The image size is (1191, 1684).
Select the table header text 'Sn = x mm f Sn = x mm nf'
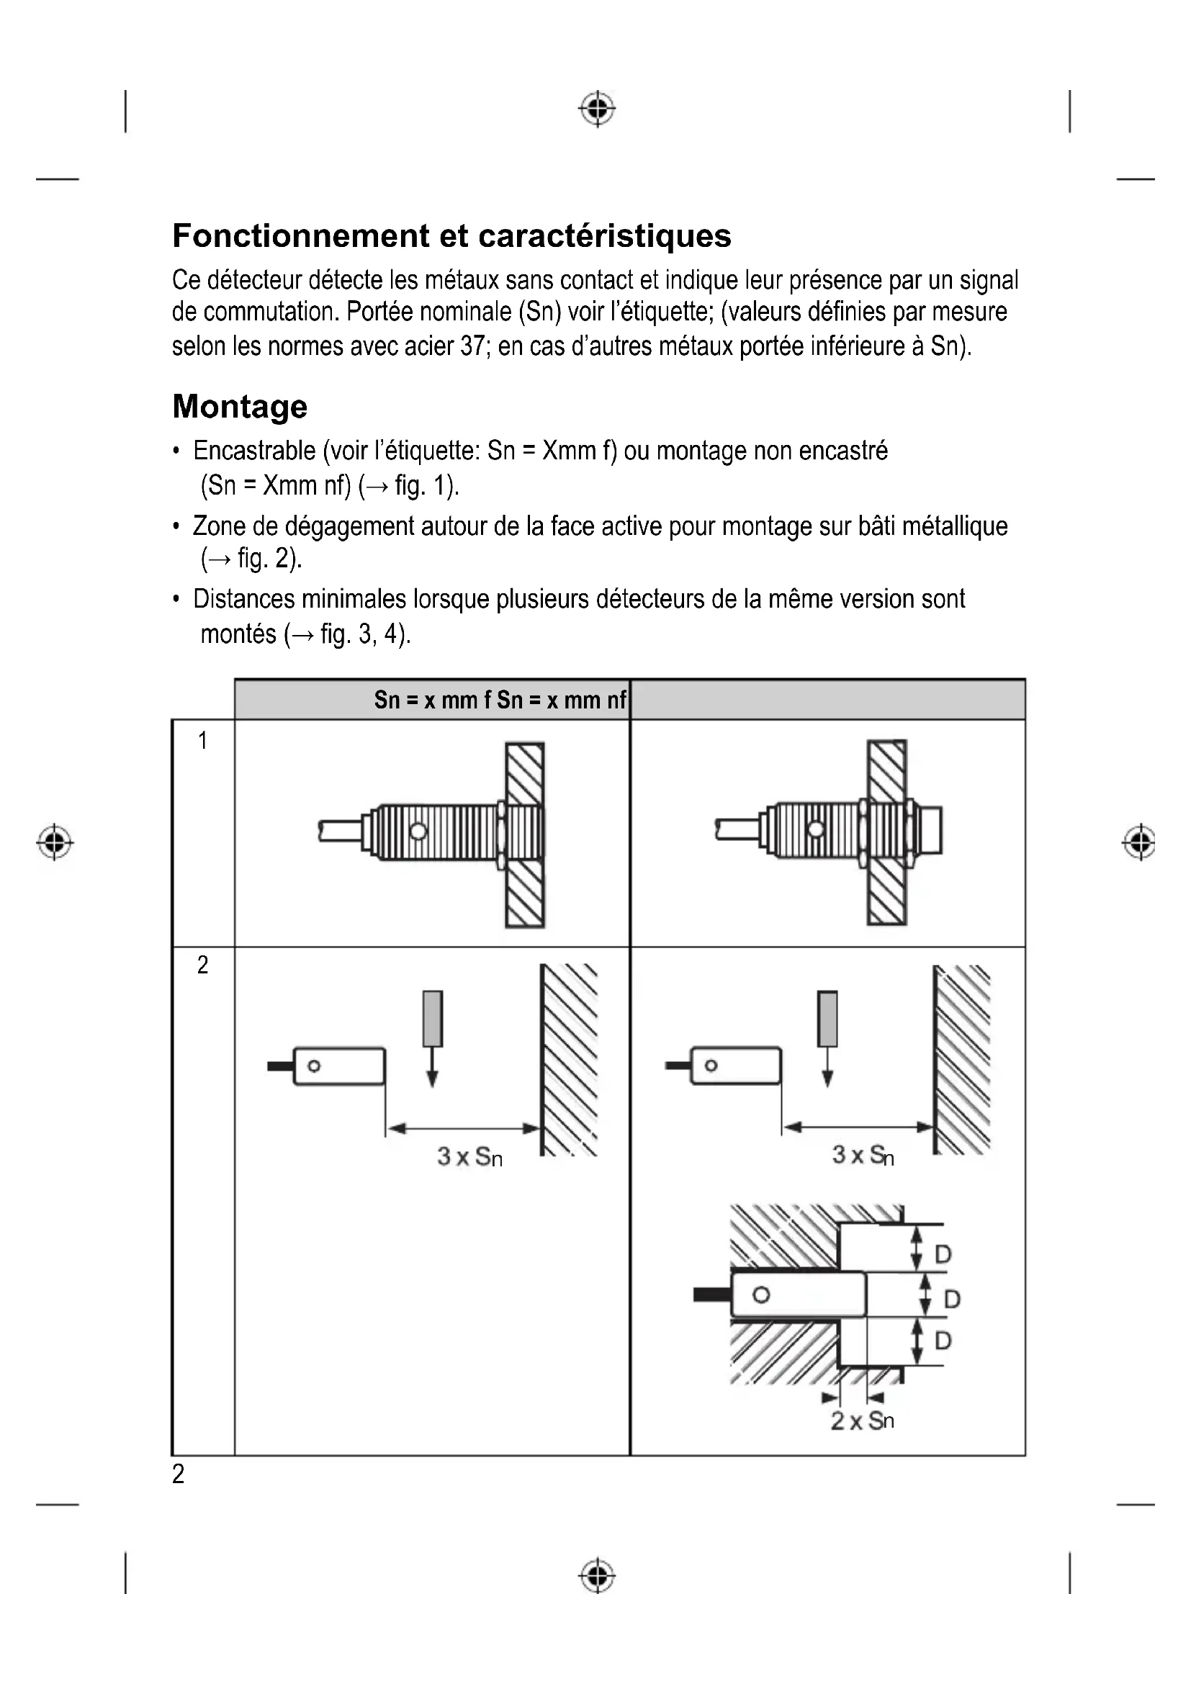tap(500, 701)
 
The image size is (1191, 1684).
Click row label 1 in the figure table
tap(202, 741)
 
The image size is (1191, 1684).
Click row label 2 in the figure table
tap(202, 965)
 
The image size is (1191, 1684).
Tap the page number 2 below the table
tap(178, 1474)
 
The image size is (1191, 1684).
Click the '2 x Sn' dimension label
tap(862, 1420)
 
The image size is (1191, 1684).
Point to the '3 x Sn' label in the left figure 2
tap(469, 1157)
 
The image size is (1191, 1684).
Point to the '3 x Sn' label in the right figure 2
tap(863, 1155)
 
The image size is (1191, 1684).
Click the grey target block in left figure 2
tap(433, 1019)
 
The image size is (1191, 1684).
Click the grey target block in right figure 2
tap(828, 1019)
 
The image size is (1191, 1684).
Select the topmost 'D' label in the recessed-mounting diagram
tap(943, 1255)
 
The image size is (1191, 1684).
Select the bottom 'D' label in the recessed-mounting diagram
tap(943, 1341)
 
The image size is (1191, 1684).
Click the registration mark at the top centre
tap(597, 109)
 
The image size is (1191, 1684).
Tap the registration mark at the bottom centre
tap(597, 1575)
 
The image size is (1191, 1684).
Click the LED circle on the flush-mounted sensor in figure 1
tap(418, 831)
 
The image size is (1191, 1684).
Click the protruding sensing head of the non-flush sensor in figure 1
tap(930, 830)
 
